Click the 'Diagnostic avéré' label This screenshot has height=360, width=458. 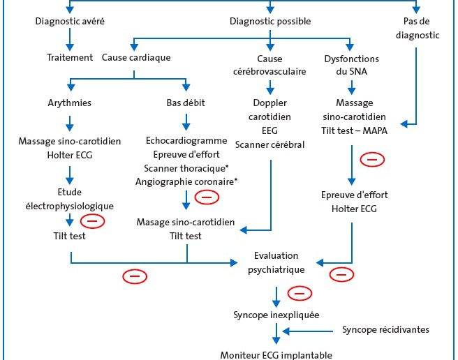click(x=70, y=21)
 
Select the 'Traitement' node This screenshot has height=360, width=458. click(x=70, y=57)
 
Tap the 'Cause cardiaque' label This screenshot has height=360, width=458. click(x=136, y=57)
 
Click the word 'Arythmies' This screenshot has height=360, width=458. click(x=70, y=103)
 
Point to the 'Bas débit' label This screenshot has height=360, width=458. click(x=186, y=103)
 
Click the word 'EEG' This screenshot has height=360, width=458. click(x=269, y=130)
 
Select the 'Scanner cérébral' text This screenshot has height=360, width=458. click(x=270, y=144)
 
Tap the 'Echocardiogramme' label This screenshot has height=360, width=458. click(x=186, y=140)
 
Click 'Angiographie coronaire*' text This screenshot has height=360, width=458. click(x=186, y=181)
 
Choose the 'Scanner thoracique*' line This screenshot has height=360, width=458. click(x=186, y=168)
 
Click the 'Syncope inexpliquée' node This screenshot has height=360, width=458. click(x=276, y=315)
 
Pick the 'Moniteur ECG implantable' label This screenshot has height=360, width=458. click(x=276, y=355)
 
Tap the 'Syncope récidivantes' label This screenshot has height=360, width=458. click(x=385, y=329)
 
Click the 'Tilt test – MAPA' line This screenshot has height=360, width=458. click(x=354, y=130)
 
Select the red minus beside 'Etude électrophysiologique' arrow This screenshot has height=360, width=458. click(x=92, y=221)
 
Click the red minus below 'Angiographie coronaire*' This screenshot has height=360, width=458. click(x=207, y=197)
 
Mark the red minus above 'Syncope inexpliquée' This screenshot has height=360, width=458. click(x=300, y=293)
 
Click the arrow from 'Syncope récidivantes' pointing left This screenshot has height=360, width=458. click(x=308, y=331)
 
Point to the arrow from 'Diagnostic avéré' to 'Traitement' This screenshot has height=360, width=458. click(x=70, y=40)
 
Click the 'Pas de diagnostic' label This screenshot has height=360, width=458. click(x=417, y=28)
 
